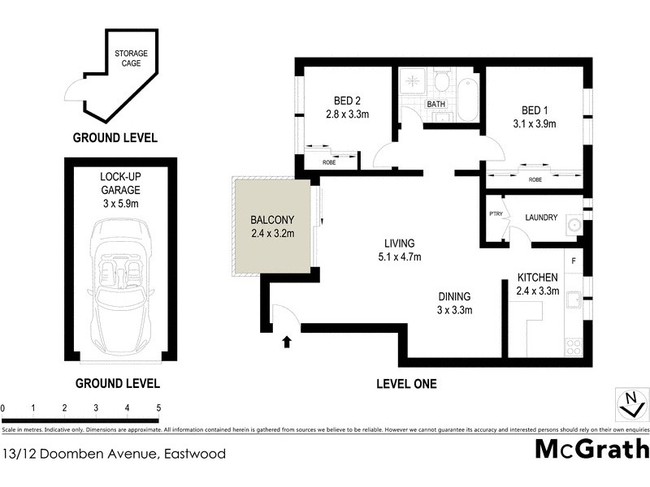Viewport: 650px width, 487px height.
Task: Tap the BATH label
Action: click(436, 105)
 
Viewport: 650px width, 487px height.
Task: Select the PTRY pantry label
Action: click(495, 214)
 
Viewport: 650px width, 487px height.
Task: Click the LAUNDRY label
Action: click(540, 218)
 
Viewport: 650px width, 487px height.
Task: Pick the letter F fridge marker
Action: click(574, 261)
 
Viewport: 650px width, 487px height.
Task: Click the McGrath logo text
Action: click(591, 449)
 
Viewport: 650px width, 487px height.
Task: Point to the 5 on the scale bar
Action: click(158, 407)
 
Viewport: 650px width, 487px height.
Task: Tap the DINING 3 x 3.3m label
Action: click(455, 303)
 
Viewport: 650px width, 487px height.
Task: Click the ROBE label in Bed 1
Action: click(535, 180)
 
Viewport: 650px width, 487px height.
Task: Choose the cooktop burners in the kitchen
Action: click(574, 347)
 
